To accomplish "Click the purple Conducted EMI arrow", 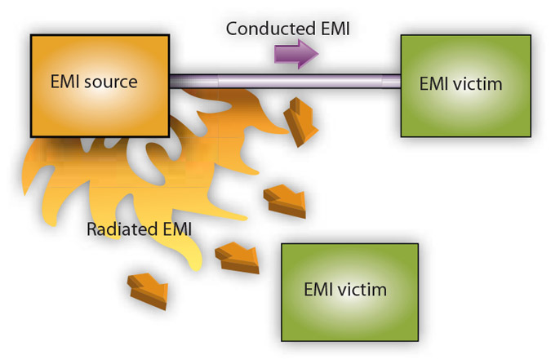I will point(295,55).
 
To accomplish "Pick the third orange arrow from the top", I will point(238,258).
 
